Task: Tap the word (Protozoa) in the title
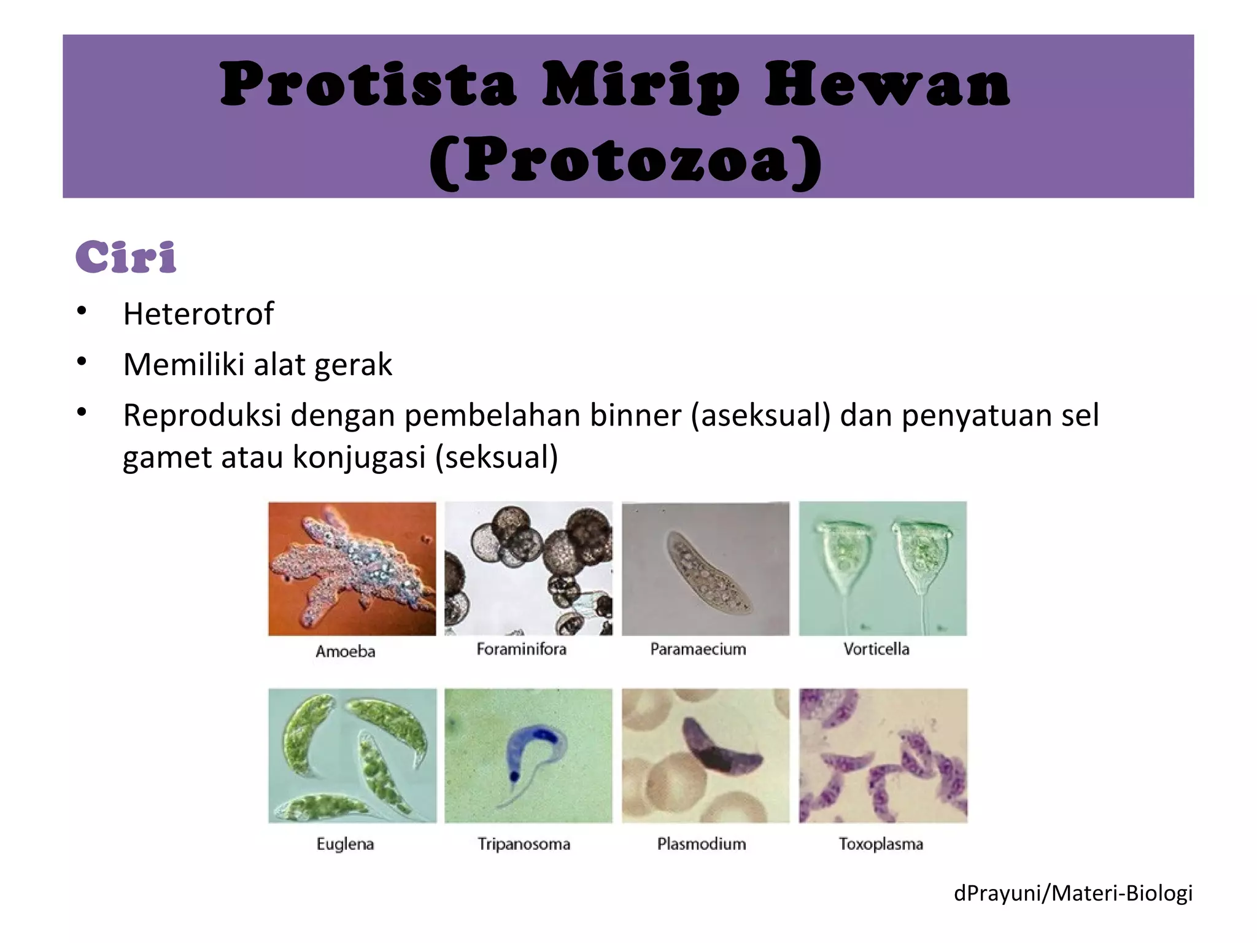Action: [626, 161]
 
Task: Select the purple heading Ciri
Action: [126, 257]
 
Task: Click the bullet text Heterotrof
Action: [198, 314]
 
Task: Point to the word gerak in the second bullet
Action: [353, 365]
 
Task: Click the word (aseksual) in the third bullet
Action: [760, 415]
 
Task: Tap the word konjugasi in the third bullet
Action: [359, 457]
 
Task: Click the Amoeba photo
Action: [352, 568]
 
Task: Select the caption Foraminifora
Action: [521, 649]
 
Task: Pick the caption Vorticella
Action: [876, 649]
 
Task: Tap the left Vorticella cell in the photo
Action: [845, 556]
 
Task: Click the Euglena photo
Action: [352, 755]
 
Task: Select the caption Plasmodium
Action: [702, 844]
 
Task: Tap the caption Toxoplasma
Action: [881, 844]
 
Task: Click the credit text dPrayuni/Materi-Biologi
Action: [1073, 893]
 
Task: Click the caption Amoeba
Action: [345, 651]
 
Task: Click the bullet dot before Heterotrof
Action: [82, 311]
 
